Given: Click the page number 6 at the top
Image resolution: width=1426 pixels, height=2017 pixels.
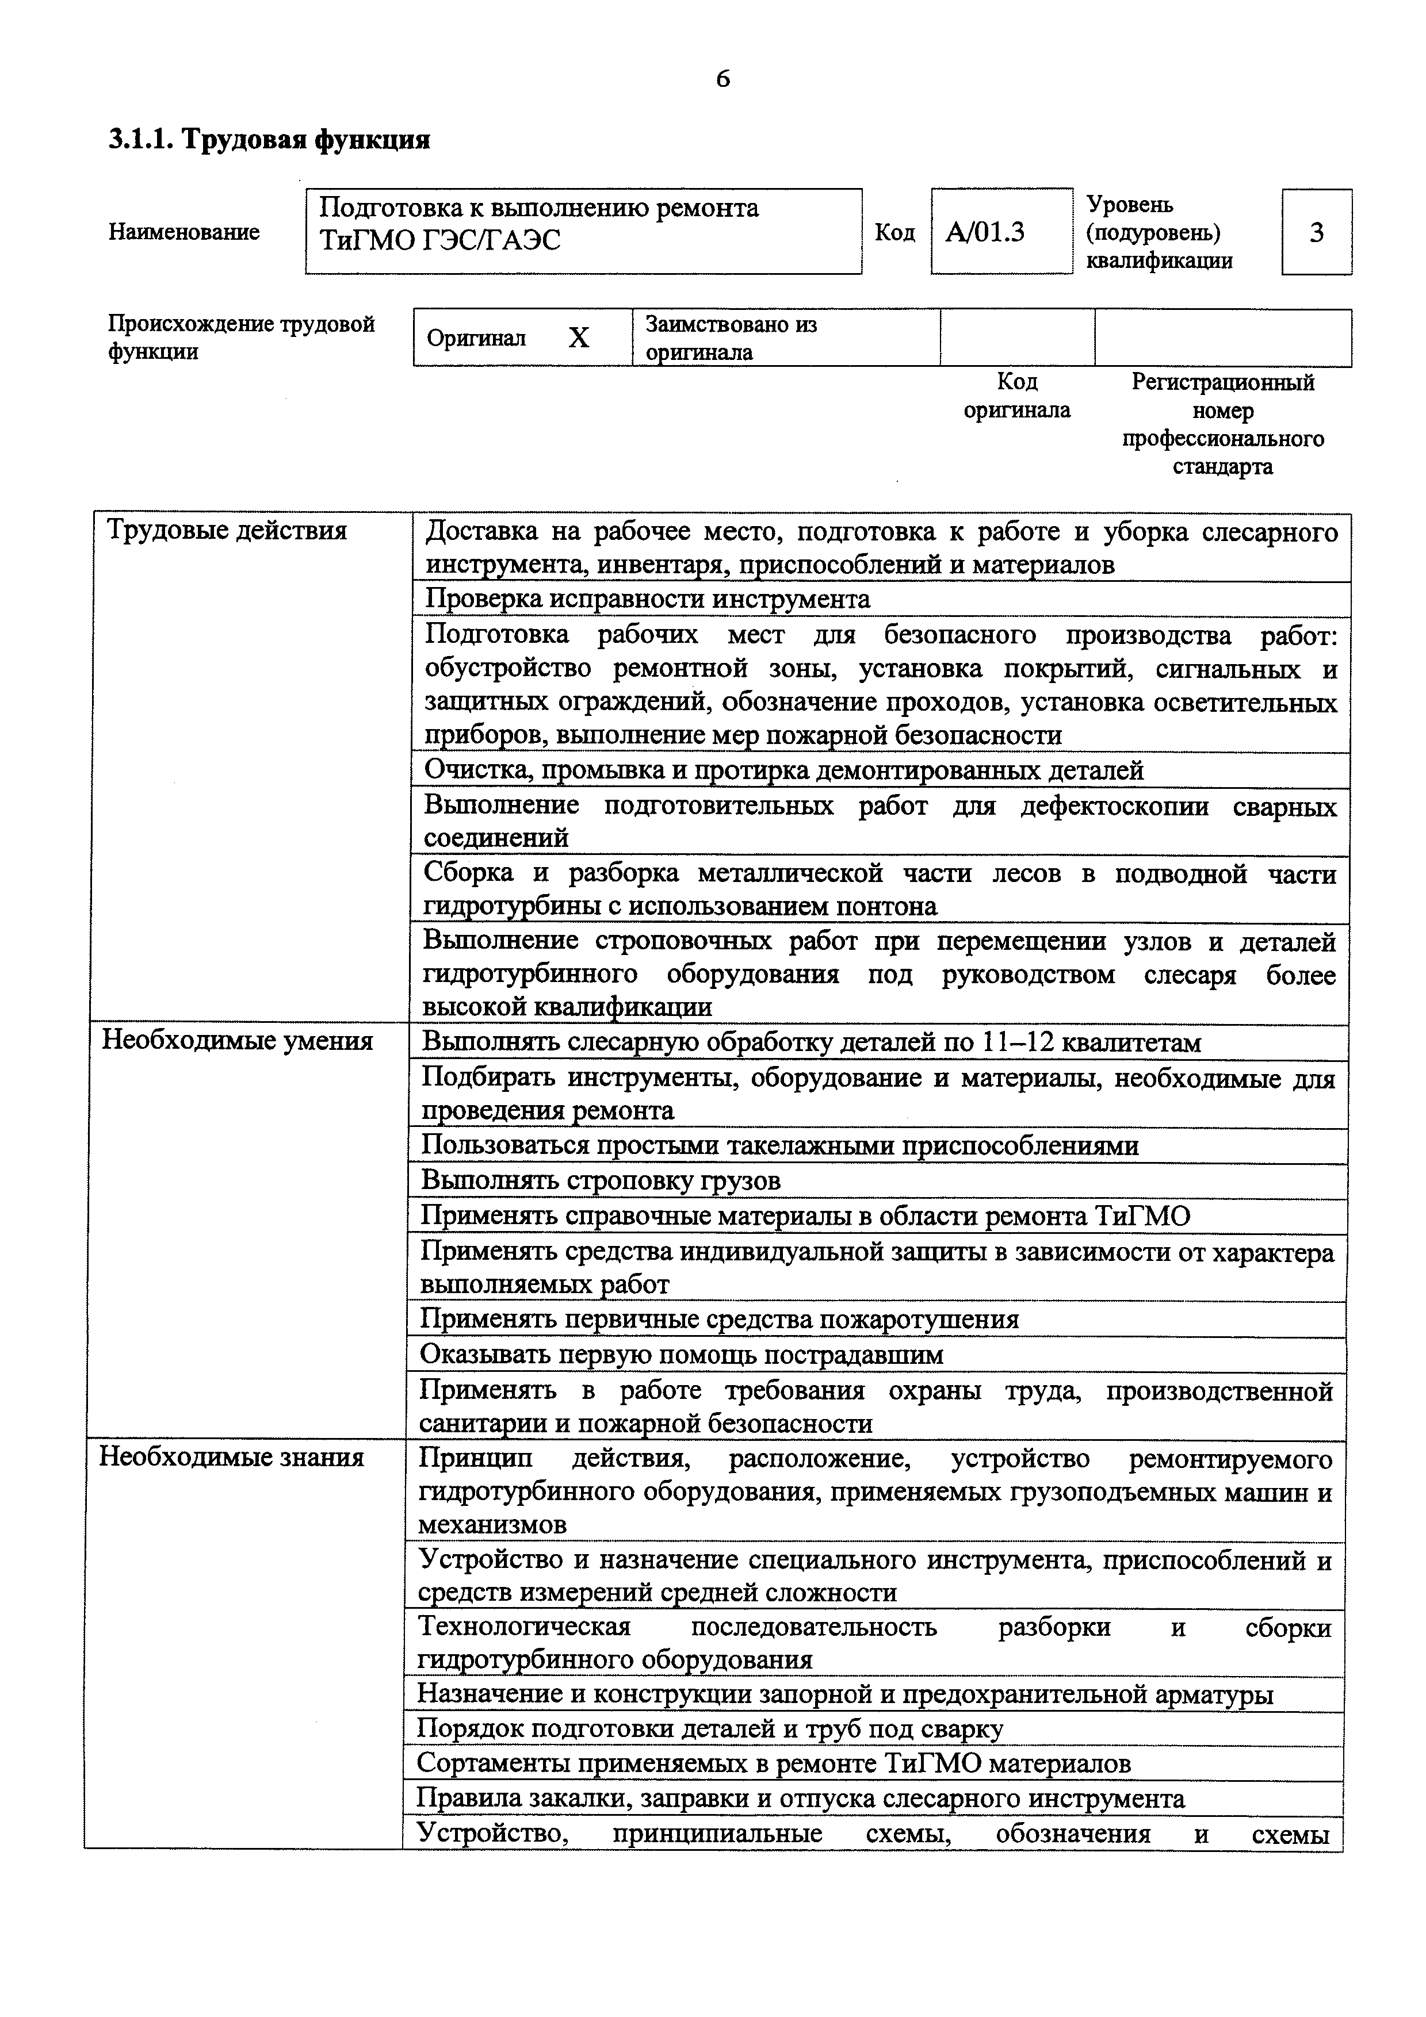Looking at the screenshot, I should pos(722,79).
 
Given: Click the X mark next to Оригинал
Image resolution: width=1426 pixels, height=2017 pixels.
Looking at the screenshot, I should pos(578,338).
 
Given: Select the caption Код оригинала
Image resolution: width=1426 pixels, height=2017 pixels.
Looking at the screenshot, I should pos(1016,396).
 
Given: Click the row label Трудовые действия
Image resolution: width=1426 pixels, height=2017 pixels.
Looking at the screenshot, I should pos(227,531).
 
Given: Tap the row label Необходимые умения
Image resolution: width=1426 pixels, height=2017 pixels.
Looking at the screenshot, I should pos(237,1041).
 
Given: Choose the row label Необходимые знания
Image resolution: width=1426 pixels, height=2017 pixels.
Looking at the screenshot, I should pos(231,1458).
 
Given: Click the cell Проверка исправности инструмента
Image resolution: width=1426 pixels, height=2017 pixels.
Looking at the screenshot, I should pos(648,599).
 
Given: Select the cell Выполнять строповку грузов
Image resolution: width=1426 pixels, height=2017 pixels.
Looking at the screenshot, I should pos(600,1180).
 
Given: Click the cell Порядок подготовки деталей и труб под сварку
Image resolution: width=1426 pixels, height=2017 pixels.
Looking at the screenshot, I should pos(709,1729).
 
